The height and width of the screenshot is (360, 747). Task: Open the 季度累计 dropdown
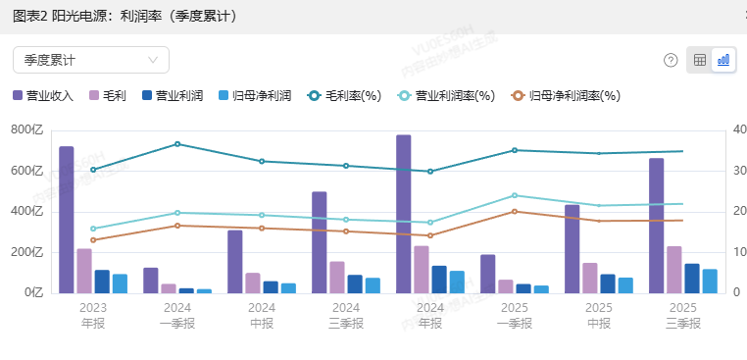pyautogui.click(x=90, y=60)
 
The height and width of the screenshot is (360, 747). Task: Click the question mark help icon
pyautogui.click(x=671, y=60)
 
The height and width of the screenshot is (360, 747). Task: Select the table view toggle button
pyautogui.click(x=700, y=60)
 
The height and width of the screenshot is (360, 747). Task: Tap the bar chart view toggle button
pyautogui.click(x=723, y=60)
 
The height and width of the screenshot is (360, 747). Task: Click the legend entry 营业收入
pyautogui.click(x=43, y=96)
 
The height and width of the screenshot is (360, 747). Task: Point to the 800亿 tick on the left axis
pyautogui.click(x=27, y=129)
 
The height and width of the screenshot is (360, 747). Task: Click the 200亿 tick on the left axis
pyautogui.click(x=27, y=252)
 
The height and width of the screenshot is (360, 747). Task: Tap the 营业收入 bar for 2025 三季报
pyautogui.click(x=656, y=226)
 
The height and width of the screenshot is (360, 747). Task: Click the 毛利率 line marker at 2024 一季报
pyautogui.click(x=177, y=144)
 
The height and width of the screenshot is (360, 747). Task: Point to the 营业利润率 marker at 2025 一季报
pyautogui.click(x=515, y=195)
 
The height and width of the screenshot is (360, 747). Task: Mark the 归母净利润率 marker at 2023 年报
pyautogui.click(x=93, y=240)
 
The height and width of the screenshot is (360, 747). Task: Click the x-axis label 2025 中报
pyautogui.click(x=599, y=314)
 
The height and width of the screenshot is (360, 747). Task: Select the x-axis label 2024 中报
pyautogui.click(x=262, y=314)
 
